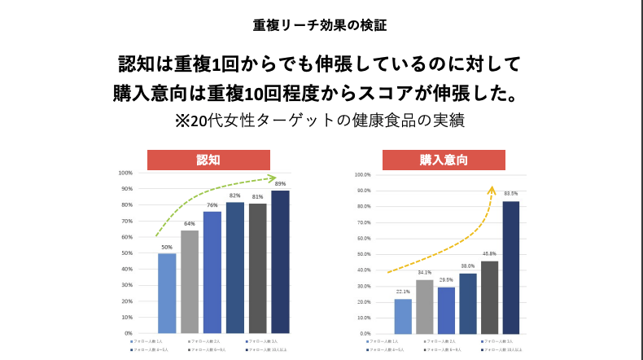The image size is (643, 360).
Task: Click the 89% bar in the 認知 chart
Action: (x=280, y=261)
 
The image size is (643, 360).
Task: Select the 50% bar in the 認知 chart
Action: (x=167, y=293)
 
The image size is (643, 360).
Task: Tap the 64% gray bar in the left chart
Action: (x=190, y=282)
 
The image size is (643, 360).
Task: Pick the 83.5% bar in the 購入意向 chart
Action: (x=510, y=267)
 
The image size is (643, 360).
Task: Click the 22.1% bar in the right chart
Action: (x=403, y=316)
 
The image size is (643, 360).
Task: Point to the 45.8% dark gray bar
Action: (x=489, y=297)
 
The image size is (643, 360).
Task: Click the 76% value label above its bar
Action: (x=212, y=204)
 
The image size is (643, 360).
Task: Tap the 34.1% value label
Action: (x=425, y=273)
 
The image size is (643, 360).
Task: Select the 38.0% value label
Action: (x=468, y=266)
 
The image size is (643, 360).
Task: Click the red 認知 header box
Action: (x=208, y=160)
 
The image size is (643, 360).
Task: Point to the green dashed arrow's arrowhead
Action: (x=272, y=178)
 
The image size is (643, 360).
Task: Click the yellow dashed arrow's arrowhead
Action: (x=492, y=190)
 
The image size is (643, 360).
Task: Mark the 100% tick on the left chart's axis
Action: (x=125, y=173)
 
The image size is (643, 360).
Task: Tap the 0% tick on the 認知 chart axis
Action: (x=128, y=333)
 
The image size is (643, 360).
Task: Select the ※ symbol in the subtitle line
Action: (x=182, y=121)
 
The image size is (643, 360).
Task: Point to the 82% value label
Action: (x=234, y=195)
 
